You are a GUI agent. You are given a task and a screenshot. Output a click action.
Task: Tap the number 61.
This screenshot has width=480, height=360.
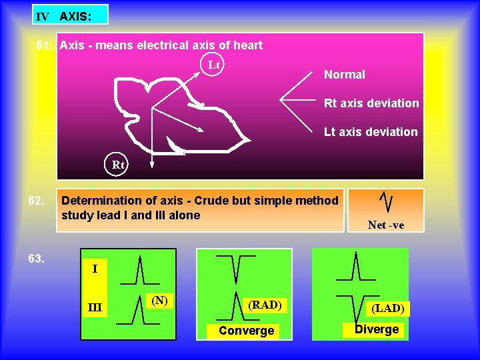point(45,45)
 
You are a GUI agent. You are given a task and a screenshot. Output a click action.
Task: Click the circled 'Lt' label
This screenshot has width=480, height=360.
point(214,65)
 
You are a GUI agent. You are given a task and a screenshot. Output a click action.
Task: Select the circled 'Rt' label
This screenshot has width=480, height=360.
point(118,164)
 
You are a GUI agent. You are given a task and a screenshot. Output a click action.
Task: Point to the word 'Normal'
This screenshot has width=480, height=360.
point(344,75)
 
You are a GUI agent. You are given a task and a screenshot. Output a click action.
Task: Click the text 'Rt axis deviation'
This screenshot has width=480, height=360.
point(371,103)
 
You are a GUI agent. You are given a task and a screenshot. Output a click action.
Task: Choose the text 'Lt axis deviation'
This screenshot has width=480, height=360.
point(371,132)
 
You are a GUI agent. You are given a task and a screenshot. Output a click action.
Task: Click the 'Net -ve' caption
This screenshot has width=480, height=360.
point(385,225)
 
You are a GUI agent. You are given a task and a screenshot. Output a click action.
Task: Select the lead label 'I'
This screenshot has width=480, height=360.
point(95,269)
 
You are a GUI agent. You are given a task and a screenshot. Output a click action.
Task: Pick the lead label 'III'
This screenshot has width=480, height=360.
point(95,307)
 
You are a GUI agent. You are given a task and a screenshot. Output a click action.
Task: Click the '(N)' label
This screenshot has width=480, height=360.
point(159,301)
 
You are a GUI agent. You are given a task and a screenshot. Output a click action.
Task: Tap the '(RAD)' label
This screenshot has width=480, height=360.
point(265,305)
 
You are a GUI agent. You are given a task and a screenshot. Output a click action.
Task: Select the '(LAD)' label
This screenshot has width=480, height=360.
point(387,308)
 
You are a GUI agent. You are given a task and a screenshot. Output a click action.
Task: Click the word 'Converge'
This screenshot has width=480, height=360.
point(246,331)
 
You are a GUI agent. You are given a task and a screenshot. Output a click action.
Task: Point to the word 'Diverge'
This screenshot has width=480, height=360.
point(377,329)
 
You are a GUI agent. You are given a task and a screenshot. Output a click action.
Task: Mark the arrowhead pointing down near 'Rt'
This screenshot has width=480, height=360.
point(151,162)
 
